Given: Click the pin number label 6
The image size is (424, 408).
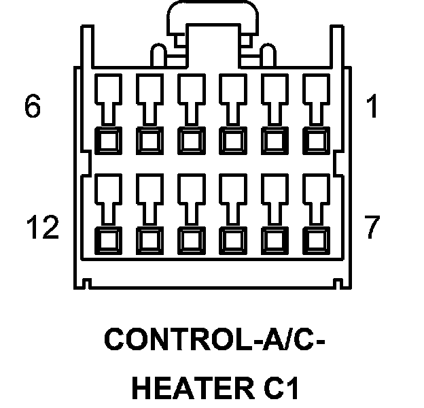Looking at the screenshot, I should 33,108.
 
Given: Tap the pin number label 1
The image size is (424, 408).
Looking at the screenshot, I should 371,108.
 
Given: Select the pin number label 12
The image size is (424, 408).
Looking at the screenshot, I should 42,228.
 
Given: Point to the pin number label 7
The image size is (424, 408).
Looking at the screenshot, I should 371,228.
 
